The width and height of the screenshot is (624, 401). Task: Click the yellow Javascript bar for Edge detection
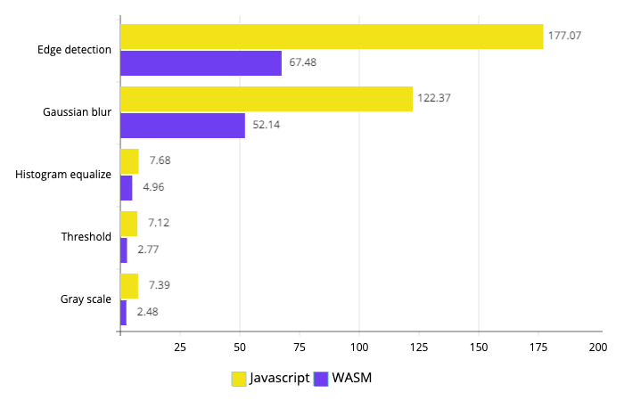(x=332, y=37)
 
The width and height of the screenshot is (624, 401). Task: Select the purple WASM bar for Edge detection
(x=201, y=63)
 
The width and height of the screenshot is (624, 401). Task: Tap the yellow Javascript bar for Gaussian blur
(x=267, y=99)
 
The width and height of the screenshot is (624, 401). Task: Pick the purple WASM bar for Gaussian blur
(x=183, y=126)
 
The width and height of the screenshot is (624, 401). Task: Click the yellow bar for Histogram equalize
(x=130, y=161)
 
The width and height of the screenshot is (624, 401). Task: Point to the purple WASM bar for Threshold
(x=124, y=250)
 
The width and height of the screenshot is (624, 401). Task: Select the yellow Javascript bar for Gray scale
(x=129, y=286)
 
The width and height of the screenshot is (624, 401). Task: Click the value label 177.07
(x=564, y=36)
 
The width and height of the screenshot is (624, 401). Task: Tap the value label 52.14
(x=267, y=125)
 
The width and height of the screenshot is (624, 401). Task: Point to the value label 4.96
(x=153, y=187)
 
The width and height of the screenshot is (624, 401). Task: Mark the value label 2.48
(x=148, y=312)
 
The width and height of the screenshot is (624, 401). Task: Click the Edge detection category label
(x=74, y=50)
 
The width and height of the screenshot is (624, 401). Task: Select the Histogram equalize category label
(x=63, y=175)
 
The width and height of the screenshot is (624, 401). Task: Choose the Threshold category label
(x=86, y=237)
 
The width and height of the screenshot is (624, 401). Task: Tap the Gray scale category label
(x=86, y=299)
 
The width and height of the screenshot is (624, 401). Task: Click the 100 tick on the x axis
(x=359, y=348)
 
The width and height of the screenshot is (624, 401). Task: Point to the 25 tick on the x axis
(x=180, y=348)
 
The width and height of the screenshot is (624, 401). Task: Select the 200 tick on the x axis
(x=598, y=348)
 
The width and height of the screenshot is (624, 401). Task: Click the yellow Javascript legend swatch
(x=239, y=379)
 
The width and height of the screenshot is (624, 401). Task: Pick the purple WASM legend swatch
(x=321, y=379)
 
